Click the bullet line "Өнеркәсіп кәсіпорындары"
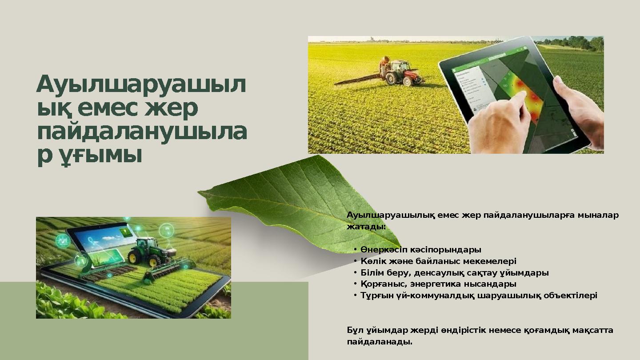[x=421, y=249]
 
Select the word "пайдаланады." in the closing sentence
[x=380, y=342]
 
